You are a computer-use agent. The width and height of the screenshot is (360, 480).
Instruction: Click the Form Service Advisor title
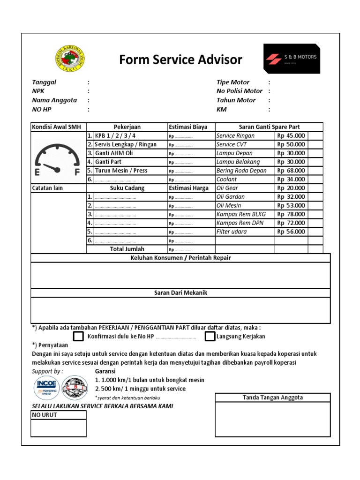pos(180,60)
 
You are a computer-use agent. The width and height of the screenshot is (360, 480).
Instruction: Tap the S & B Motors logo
pos(292,59)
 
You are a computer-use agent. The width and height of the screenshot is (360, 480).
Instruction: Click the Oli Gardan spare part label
pos(231,197)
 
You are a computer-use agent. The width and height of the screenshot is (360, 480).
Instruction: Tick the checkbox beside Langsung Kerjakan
pos(210,337)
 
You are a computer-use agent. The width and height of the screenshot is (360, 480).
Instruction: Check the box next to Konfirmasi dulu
pos(79,337)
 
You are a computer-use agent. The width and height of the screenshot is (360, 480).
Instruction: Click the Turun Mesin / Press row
pos(121,171)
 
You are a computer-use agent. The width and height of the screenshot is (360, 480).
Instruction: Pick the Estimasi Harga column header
pos(188,188)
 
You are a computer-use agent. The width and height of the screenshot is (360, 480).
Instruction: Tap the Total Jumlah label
pos(127,249)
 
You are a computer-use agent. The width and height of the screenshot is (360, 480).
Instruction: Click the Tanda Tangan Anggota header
pos(273,397)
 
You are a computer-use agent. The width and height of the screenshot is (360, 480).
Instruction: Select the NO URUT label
pos(45,415)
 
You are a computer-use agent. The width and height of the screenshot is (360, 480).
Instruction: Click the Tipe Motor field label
pos(233,82)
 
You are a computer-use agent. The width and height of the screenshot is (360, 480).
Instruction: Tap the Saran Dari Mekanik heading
pos(180,293)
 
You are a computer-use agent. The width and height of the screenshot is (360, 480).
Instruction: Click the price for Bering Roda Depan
pos(291,171)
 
